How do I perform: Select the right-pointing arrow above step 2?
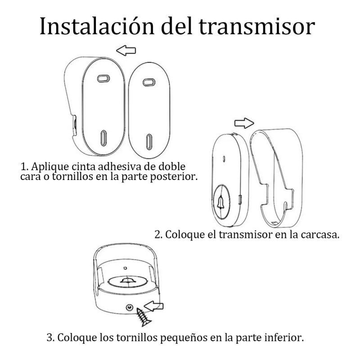pyautogui.click(x=245, y=122)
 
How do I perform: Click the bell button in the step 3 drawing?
pyautogui.click(x=127, y=280)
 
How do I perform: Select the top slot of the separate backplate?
pyautogui.click(x=148, y=82)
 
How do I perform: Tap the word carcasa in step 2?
pyautogui.click(x=319, y=235)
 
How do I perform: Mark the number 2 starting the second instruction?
pyautogui.click(x=157, y=235)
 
